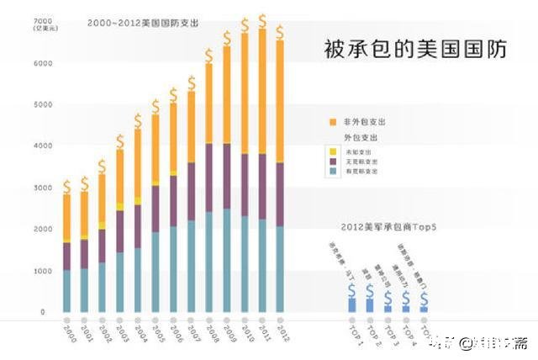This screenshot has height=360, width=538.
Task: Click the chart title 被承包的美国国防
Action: coord(415,50)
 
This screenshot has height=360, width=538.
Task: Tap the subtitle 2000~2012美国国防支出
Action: coord(143,24)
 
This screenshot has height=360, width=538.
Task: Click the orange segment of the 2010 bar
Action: coord(245,93)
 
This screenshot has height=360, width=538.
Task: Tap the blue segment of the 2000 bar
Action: coord(66,291)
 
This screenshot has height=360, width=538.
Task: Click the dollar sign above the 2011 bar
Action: coord(262,19)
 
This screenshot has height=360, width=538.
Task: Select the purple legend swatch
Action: coord(333,161)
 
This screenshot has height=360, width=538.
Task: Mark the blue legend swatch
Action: coord(333,171)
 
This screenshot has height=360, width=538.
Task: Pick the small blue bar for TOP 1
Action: coord(351,304)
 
